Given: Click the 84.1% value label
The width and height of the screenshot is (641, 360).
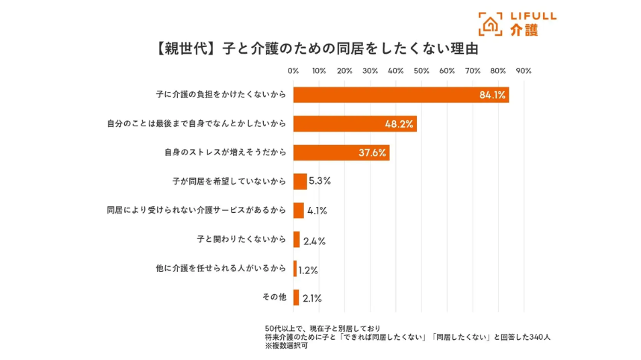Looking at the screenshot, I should click(492, 95).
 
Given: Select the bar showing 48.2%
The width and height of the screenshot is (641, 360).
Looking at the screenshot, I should click(354, 124).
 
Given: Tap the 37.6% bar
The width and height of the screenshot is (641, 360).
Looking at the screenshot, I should click(341, 152).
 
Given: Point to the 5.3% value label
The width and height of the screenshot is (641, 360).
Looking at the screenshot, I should click(319, 181).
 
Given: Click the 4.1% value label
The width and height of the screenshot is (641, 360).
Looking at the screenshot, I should click(317, 211).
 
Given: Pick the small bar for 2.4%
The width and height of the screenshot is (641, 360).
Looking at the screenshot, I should click(297, 240).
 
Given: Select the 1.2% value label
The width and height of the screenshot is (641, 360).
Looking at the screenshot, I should click(308, 270).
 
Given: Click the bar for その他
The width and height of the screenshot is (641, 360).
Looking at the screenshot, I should click(296, 298).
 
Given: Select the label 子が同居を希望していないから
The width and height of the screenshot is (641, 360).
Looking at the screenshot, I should click(229, 181).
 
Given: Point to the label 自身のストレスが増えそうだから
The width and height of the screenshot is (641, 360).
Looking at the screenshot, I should click(225, 152).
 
